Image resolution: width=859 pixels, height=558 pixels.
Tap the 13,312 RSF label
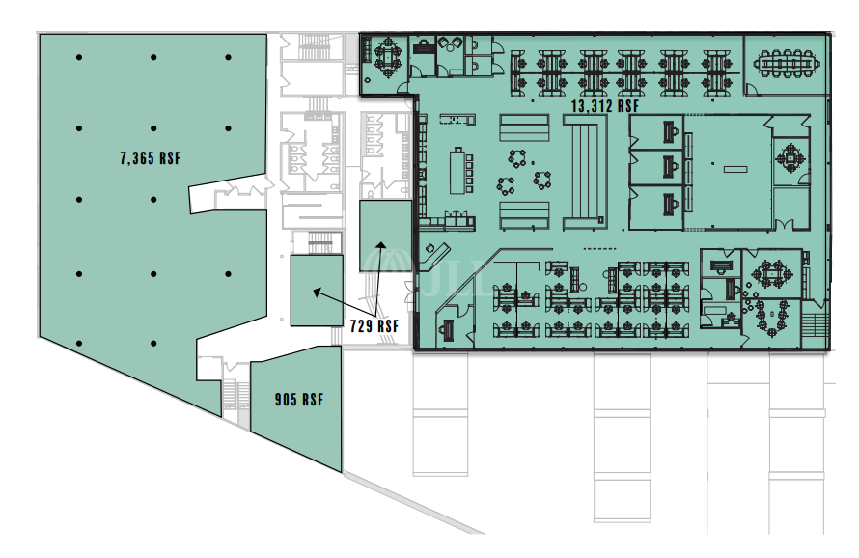pos(605,105)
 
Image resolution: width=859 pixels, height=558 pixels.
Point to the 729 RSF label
pos(375,326)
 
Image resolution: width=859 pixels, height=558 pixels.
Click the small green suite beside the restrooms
pos(384,236)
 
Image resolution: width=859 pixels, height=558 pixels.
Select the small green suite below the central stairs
pos(317,291)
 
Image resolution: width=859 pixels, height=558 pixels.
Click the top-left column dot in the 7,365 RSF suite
pos(79,58)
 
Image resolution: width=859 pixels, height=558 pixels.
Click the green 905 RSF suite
pos(297,410)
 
